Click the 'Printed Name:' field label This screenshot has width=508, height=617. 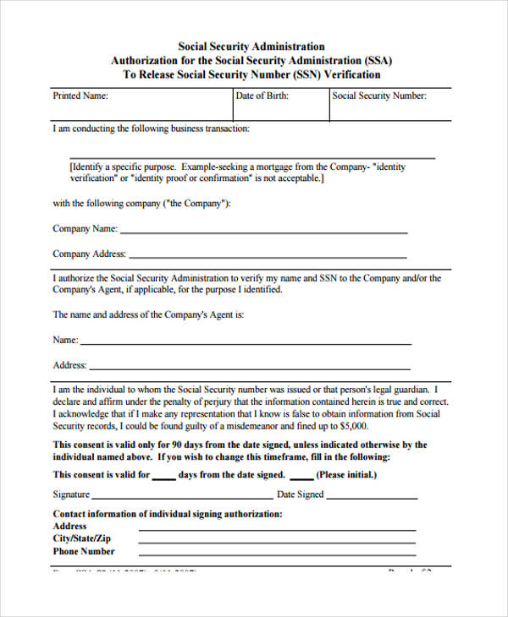pos(80,96)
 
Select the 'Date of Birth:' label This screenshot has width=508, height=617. pos(262,96)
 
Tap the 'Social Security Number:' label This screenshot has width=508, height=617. pos(379,96)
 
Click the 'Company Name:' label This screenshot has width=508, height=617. pos(85,228)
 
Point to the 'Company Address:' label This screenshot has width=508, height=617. pos(89,254)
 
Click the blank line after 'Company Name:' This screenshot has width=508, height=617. pos(263,232)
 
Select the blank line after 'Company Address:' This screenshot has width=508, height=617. pos(268,257)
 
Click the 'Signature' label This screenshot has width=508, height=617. pos(71,494)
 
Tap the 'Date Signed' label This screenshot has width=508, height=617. pos(301,494)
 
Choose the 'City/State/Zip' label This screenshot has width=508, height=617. pos(82,538)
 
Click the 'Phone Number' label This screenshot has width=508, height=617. pos(84,551)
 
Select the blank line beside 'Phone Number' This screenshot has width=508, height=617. pos(277,554)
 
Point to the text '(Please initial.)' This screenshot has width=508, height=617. pos(346,475)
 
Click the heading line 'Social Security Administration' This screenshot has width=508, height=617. pos(251,47)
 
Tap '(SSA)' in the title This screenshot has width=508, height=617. pos(378,61)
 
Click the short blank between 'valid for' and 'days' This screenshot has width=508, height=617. pos(163,478)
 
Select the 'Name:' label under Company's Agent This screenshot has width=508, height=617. pos(65,340)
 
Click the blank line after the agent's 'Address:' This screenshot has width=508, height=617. pos(250,369)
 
